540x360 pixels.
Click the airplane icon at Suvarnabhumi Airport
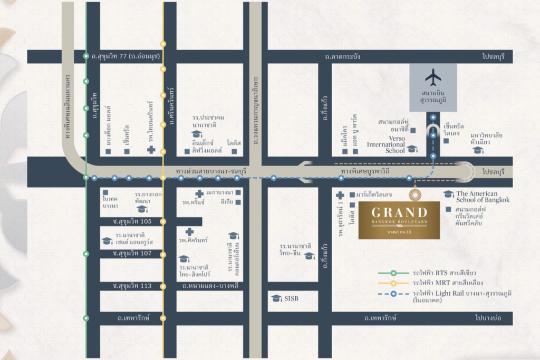(x=433, y=77)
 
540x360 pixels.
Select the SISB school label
(x=291, y=298)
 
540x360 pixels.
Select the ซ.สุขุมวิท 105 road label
(x=133, y=221)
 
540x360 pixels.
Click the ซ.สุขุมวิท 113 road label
(x=133, y=286)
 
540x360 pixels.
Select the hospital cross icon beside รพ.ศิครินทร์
(x=189, y=231)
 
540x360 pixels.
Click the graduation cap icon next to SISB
(x=276, y=298)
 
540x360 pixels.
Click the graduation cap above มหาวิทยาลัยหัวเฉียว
(x=478, y=150)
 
